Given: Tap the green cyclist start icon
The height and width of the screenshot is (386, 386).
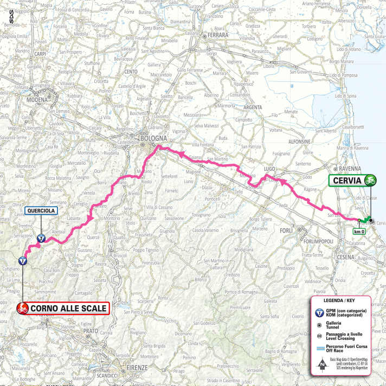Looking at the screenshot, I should [372, 179].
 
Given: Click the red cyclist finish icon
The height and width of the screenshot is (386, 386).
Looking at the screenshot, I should [22, 309].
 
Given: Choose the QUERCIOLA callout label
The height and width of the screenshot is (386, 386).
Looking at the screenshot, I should [41, 212].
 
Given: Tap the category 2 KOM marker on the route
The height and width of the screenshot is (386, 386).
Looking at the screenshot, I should [41, 237].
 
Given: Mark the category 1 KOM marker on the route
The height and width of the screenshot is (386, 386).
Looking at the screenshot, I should [22, 260].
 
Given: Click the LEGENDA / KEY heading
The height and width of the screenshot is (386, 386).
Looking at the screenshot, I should [339, 300].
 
